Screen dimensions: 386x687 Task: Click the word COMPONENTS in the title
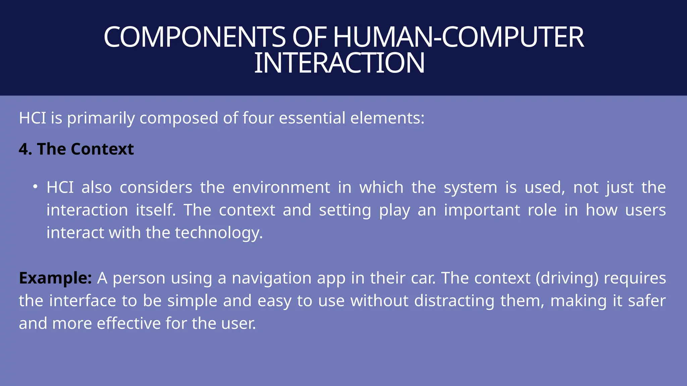(195, 37)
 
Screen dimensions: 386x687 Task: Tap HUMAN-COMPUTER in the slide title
(458, 37)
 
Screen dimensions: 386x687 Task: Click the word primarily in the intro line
(101, 118)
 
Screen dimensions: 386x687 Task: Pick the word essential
(312, 118)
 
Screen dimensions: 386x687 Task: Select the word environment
(281, 187)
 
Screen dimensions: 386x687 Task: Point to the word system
(470, 188)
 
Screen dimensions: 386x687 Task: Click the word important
(482, 210)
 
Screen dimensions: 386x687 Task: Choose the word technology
(218, 233)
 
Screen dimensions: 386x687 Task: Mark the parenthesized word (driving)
(567, 278)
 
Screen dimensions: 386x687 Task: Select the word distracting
(454, 301)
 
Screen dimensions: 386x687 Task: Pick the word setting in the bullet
(345, 210)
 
